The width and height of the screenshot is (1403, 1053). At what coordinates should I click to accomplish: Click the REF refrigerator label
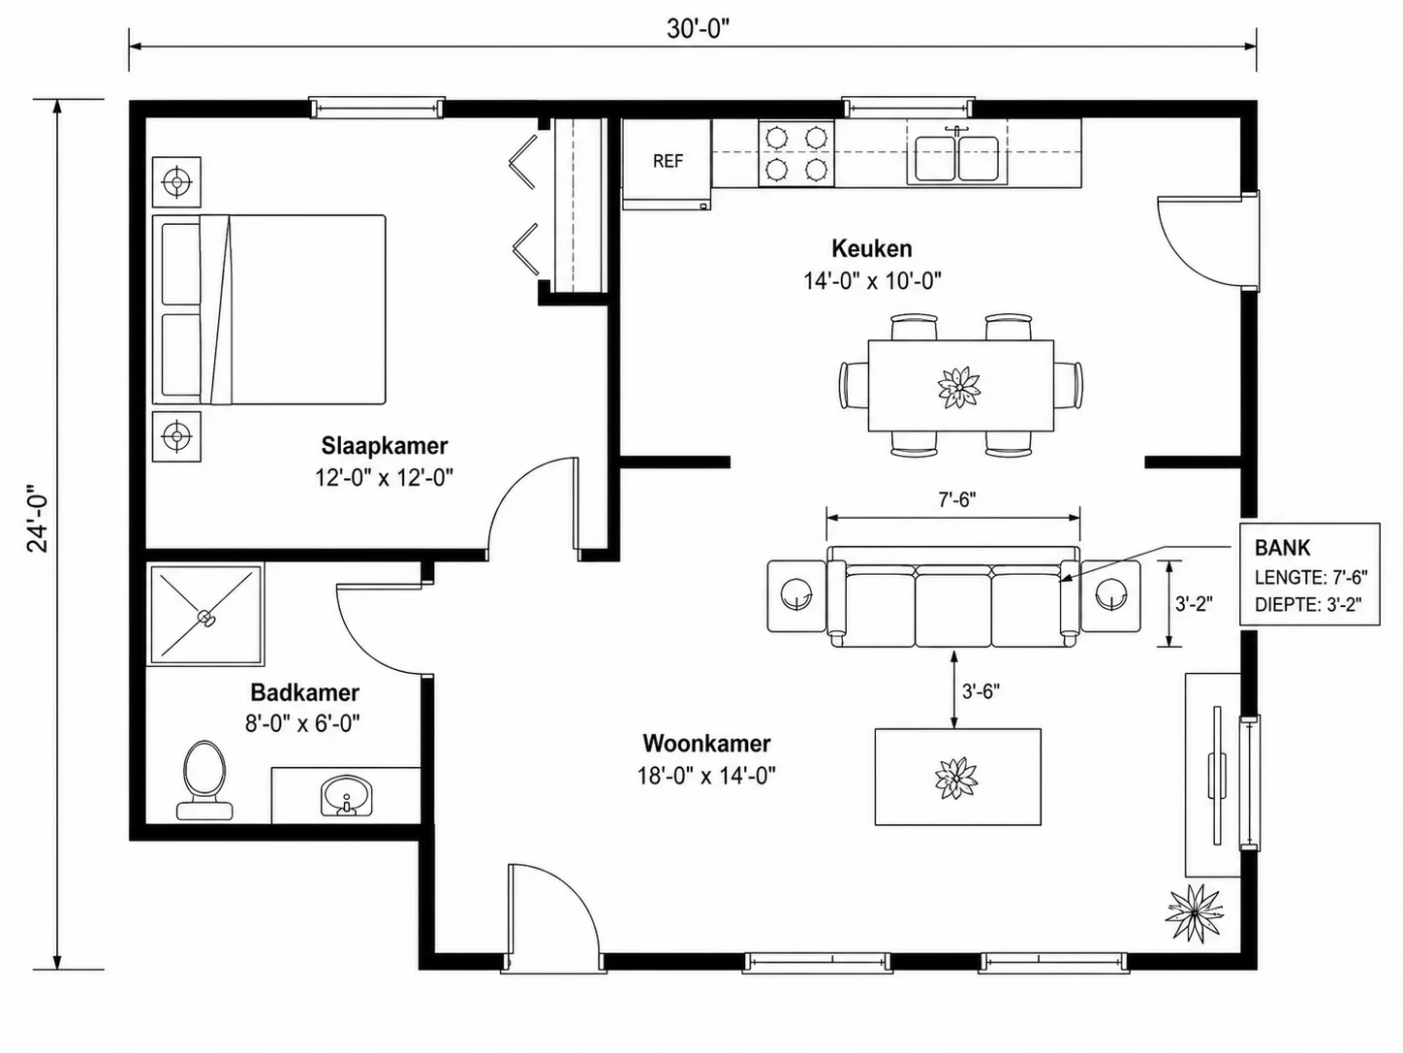668,161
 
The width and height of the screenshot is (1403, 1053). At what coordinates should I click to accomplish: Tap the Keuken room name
872,248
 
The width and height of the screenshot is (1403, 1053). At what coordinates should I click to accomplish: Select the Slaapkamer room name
384,446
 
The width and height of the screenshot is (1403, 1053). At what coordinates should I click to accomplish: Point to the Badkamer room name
305,692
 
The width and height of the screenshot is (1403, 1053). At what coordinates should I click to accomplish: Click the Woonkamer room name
706,744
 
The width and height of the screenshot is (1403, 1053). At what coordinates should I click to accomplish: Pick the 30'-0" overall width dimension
698,29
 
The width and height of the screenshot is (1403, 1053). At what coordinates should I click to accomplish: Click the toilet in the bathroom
204,780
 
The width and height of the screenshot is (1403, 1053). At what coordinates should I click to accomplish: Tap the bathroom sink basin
346,795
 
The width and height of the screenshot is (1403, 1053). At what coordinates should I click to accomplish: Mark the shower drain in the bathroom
205,618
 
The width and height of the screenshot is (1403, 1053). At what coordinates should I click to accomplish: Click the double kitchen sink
957,157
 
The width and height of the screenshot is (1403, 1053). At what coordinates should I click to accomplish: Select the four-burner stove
796,153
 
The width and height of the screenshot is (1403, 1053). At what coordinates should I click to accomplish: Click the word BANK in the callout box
1282,547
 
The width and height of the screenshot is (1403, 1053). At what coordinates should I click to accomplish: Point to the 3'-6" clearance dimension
982,691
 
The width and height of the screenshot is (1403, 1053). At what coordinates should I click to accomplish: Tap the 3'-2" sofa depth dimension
1194,603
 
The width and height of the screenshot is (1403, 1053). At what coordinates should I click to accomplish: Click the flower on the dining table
959,388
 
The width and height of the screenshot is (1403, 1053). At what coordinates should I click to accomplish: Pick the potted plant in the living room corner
1194,914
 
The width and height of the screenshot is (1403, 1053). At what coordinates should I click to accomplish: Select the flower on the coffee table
956,778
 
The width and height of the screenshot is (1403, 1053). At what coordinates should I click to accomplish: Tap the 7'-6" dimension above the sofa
957,499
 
